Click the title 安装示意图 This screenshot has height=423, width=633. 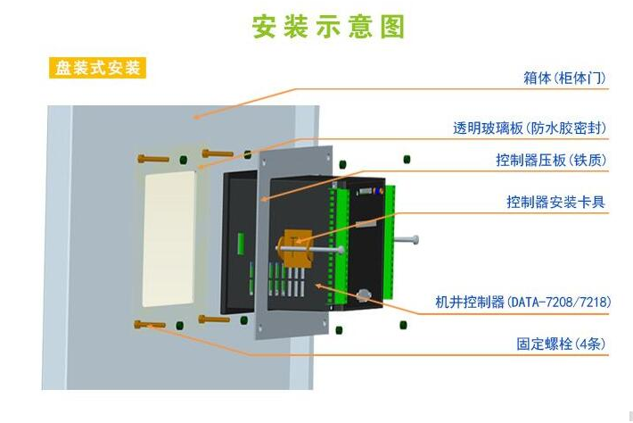coord(328,26)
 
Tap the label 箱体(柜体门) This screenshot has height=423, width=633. coord(564,79)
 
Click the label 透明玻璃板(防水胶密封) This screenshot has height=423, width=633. coord(529,129)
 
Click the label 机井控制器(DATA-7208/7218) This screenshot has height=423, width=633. coord(523,303)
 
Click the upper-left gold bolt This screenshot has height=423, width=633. coord(153,160)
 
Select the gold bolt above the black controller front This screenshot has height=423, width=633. coord(218,153)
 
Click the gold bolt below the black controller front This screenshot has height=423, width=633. coord(214,319)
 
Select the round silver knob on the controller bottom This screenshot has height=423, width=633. coord(364,294)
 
